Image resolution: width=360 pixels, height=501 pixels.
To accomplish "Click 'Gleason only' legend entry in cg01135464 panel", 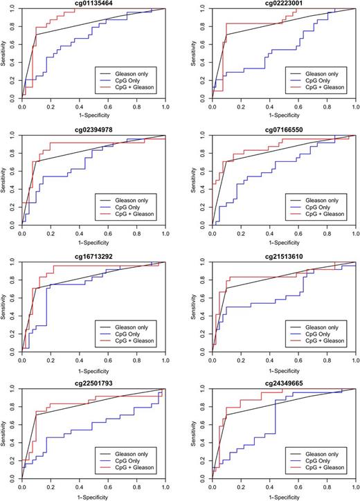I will point(134,72).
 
